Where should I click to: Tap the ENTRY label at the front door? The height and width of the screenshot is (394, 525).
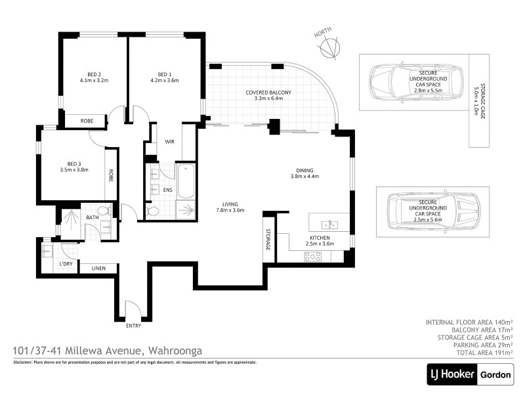click(x=133, y=325)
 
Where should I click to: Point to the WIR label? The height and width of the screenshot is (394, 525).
click(x=169, y=141)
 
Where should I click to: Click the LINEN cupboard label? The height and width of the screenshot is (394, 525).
click(x=98, y=268)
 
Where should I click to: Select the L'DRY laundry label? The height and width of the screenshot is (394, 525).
click(x=66, y=263)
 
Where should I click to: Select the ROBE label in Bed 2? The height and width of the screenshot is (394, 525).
click(x=87, y=121)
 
